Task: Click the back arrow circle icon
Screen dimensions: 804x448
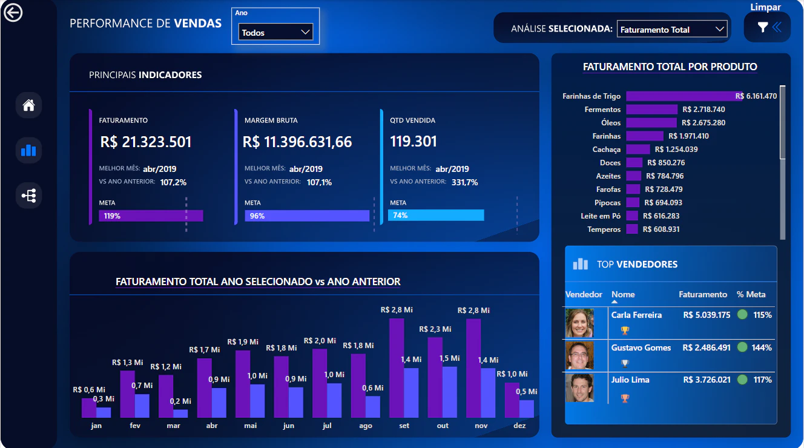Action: click(x=13, y=13)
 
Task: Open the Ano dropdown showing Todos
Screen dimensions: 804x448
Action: click(x=275, y=32)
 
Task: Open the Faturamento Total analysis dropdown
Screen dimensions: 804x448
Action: click(x=672, y=29)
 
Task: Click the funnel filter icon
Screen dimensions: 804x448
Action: click(x=763, y=27)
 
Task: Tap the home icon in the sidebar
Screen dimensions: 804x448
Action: click(x=28, y=105)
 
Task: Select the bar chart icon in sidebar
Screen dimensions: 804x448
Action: click(x=28, y=150)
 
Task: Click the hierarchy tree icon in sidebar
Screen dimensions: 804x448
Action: click(x=28, y=196)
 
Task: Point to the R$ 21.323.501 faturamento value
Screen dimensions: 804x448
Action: click(x=146, y=142)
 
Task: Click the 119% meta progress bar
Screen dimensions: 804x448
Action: click(x=151, y=216)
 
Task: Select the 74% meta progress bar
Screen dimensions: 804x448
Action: click(x=436, y=215)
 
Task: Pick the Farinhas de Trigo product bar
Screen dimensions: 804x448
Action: click(x=684, y=96)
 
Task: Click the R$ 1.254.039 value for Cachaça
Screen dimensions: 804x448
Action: click(x=676, y=150)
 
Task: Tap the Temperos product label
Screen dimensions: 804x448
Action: click(x=604, y=229)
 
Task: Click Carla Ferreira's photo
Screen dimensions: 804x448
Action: click(x=579, y=323)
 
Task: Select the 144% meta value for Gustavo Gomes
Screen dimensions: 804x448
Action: click(x=762, y=348)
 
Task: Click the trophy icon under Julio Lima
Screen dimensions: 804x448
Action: click(x=625, y=398)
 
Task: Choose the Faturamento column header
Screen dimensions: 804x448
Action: click(x=703, y=294)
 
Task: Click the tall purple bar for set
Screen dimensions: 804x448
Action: click(x=397, y=368)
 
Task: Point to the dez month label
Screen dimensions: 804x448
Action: click(x=519, y=426)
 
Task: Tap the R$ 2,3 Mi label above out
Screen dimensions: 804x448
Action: click(x=435, y=329)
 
